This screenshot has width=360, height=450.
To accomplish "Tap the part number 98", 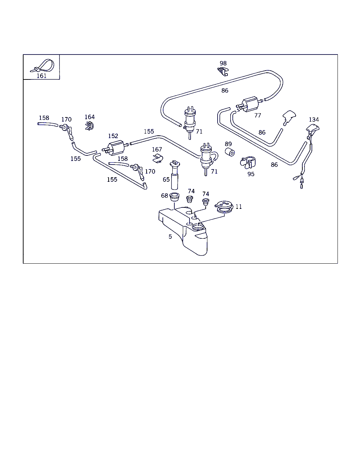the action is (x=223, y=63).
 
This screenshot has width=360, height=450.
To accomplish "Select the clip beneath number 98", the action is (x=223, y=71).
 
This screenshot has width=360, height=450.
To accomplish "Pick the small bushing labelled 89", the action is (x=230, y=152).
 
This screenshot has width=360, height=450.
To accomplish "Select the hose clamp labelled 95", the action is (x=248, y=163).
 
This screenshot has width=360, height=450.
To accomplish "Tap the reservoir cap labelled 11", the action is (x=224, y=207).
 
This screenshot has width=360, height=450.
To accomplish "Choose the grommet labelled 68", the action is (x=174, y=197).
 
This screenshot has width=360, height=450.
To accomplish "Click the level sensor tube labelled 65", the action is (x=175, y=175).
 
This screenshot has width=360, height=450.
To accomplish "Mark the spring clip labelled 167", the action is (x=158, y=159).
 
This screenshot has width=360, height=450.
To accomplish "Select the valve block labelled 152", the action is (x=115, y=148).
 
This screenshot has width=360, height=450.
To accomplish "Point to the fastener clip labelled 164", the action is (x=89, y=126).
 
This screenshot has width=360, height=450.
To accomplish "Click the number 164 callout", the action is (x=90, y=117).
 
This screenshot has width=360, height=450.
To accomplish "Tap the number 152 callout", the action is (x=113, y=136).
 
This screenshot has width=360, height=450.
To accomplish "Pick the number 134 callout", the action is (x=314, y=120).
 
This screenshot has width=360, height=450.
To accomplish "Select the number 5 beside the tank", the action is (x=170, y=237).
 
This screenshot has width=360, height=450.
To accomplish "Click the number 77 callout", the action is (x=257, y=115).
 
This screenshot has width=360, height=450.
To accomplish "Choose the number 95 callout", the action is (x=251, y=174).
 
